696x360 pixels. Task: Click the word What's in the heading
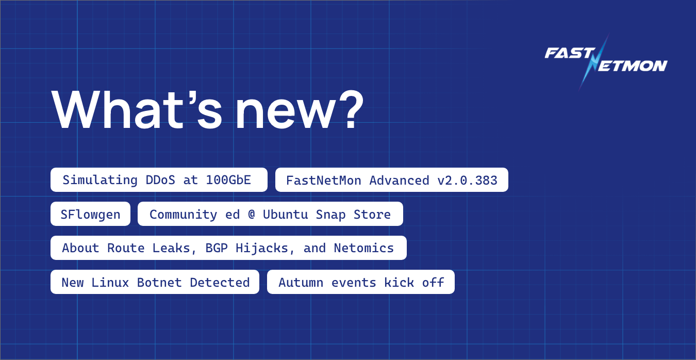137,109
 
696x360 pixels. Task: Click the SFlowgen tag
90,214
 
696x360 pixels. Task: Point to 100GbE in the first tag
228,180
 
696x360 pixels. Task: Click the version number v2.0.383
467,181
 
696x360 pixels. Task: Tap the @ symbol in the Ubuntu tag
252,214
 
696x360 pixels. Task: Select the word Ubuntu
285,214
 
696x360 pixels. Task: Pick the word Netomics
364,248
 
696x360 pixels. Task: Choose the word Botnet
159,282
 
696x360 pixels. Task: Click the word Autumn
301,282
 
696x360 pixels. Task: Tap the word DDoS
160,180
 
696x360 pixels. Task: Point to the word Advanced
399,181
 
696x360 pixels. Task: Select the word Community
184,214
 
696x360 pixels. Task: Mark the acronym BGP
217,248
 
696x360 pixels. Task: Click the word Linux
110,282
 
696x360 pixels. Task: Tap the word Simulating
100,180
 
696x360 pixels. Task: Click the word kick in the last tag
399,282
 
